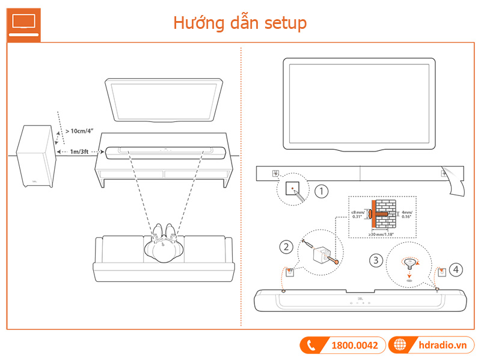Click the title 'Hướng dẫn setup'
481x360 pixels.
[240, 22]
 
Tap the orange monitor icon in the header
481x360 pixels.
[24, 22]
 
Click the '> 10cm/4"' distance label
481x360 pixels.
[80, 130]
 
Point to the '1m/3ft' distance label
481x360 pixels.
[80, 153]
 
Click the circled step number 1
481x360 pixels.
[322, 192]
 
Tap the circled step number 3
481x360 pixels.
[376, 260]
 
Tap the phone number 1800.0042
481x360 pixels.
[354, 345]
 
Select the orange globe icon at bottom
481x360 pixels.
[399, 345]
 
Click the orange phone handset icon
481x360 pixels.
[311, 345]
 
